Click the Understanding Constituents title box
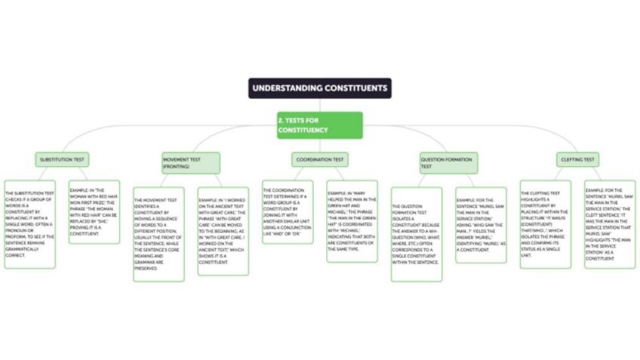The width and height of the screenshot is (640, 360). [x=320, y=88]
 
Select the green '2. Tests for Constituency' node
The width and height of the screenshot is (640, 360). [x=319, y=125]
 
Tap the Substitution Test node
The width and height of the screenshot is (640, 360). [x=63, y=159]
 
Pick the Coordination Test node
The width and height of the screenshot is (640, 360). [x=319, y=159]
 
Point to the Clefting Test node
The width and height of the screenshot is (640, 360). [x=577, y=159]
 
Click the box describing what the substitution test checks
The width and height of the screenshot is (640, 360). [x=30, y=224]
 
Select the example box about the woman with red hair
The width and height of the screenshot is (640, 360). [x=94, y=212]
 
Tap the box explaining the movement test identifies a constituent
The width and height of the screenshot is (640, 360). [x=158, y=234]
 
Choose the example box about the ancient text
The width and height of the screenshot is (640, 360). [x=223, y=231]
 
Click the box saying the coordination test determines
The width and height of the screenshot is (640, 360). [x=288, y=211]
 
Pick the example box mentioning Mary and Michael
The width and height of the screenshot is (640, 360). [x=352, y=220]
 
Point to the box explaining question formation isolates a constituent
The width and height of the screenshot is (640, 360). [x=417, y=234]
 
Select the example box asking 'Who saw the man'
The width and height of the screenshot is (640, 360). [x=481, y=225]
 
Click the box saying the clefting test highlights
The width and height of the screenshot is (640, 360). [x=546, y=224]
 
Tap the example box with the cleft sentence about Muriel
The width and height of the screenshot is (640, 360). [x=610, y=224]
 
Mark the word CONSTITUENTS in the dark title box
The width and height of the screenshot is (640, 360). [x=355, y=88]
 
